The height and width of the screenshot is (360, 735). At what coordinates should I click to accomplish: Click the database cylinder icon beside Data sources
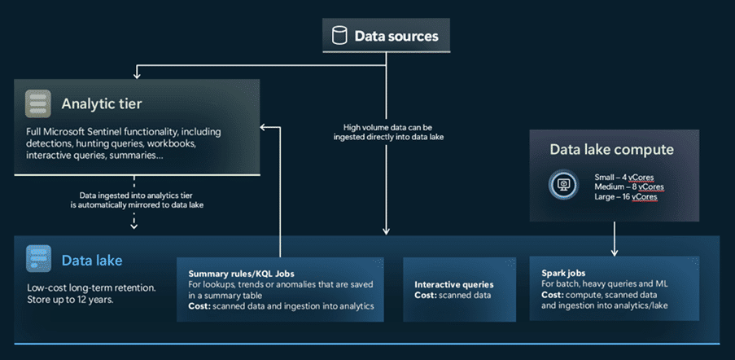339,36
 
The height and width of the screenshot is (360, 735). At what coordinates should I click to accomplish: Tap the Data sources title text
396,36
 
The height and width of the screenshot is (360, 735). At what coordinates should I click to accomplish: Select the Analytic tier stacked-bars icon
37,104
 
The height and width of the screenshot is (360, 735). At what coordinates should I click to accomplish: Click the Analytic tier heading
101,103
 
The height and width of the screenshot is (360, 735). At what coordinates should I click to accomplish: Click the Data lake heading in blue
91,261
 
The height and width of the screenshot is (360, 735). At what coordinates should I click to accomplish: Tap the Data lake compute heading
610,149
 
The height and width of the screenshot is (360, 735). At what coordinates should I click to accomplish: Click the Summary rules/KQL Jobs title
241,274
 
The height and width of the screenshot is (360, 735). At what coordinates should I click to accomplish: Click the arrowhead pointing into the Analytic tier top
138,74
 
